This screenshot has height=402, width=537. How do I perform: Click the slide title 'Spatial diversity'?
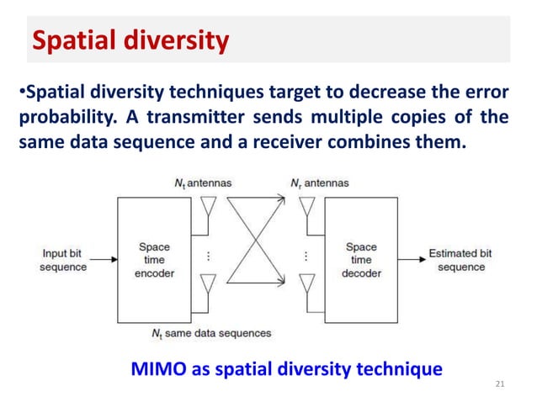[130, 40]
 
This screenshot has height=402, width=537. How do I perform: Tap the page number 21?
[500, 384]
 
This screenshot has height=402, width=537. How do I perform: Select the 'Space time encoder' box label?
[154, 260]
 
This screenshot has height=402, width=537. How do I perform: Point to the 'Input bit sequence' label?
[64, 260]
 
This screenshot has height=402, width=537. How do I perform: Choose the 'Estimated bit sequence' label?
[460, 260]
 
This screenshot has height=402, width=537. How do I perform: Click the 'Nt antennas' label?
[198, 182]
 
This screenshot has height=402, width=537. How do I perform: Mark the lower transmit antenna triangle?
[208, 282]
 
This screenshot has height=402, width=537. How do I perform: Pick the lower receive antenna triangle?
[308, 282]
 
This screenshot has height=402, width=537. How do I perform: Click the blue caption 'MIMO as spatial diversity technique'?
[287, 367]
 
